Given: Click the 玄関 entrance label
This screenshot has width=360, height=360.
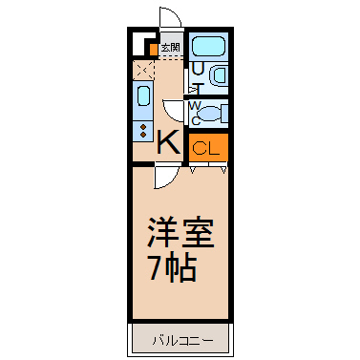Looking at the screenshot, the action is click(171, 48).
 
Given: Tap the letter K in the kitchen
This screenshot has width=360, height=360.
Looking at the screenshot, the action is click(168, 142).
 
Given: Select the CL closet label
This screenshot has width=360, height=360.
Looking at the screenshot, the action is click(206, 148).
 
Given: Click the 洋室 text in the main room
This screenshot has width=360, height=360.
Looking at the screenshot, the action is click(180, 232).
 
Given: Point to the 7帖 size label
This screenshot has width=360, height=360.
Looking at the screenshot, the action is click(173, 266).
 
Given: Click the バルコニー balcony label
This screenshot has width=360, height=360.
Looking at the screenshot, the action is click(182, 341).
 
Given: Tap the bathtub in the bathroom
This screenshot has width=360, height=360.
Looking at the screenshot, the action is click(209, 47).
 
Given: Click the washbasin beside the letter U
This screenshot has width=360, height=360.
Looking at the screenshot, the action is click(219, 75).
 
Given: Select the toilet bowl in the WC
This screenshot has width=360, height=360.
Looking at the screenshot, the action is click(210, 114).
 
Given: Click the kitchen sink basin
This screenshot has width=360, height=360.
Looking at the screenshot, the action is click(143, 96).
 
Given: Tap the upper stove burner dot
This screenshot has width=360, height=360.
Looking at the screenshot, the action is click(143, 127).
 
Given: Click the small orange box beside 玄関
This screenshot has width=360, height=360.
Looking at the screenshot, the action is click(154, 50).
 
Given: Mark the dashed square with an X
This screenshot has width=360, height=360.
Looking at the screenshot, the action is click(143, 70).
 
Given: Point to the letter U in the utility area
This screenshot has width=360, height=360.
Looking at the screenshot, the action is click(198, 69).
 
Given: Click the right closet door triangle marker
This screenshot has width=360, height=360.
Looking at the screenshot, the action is click(223, 170).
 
